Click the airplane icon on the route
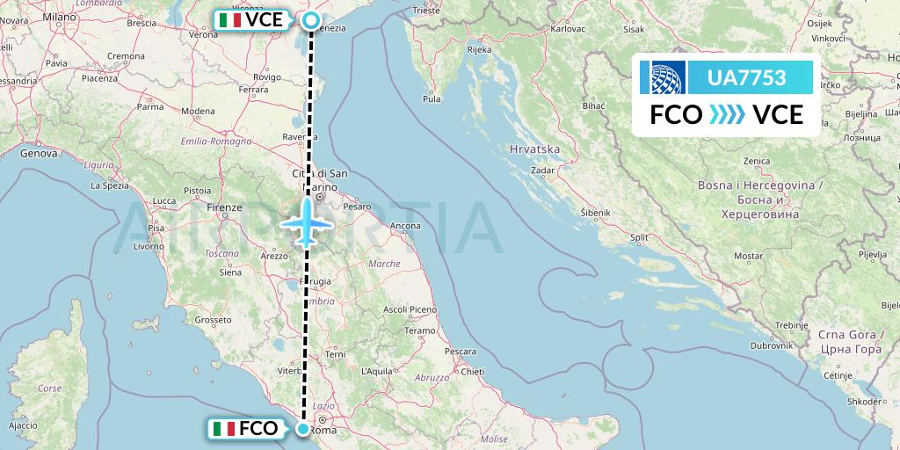pyautogui.click(x=306, y=221)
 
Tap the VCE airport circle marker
pyautogui.click(x=310, y=19)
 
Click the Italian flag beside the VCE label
pyautogui.click(x=231, y=19)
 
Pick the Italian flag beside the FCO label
pyautogui.click(x=224, y=429)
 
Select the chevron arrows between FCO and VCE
pyautogui.click(x=726, y=114)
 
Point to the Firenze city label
pyautogui.click(x=224, y=207)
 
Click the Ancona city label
pyautogui.click(x=405, y=227)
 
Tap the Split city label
pyautogui.click(x=639, y=237)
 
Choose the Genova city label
pyautogui.click(x=38, y=153)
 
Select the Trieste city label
pyautogui.click(x=425, y=12)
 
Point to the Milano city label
pyautogui.click(x=60, y=17)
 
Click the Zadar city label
pyautogui.click(x=543, y=171)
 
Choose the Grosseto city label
pyautogui.click(x=212, y=320)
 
